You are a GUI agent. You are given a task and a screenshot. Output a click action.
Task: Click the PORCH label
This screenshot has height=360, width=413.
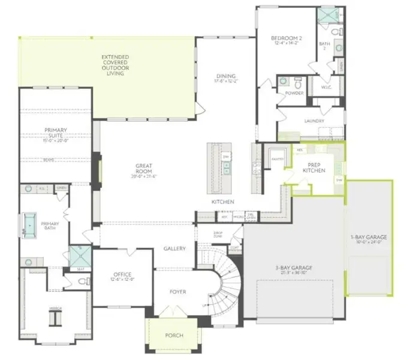point(174,335)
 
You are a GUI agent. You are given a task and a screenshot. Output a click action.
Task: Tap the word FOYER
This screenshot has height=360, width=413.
point(177,292)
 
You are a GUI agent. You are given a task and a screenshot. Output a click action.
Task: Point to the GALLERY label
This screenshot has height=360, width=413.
point(174,248)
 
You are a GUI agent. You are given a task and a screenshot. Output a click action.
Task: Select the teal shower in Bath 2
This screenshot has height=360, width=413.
point(327,15)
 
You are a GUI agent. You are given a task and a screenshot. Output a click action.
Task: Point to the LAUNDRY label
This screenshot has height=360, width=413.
point(314,121)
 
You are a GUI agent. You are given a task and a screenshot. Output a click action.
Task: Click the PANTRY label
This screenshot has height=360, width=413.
point(277,159)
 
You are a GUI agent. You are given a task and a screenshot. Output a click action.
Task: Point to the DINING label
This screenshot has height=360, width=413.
point(226,78)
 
